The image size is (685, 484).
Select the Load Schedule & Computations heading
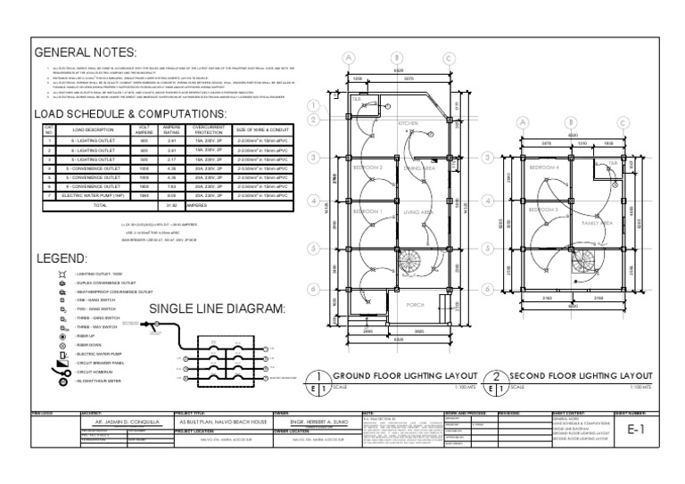pos(128,114)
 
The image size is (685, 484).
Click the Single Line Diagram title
pos(217,308)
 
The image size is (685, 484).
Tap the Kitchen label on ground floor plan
pos(408,123)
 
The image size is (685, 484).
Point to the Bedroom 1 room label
pos(368,211)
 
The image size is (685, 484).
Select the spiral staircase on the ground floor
pos(409,264)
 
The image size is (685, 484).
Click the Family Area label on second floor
pos(596,223)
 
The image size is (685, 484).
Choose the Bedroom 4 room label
pos(545,167)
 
